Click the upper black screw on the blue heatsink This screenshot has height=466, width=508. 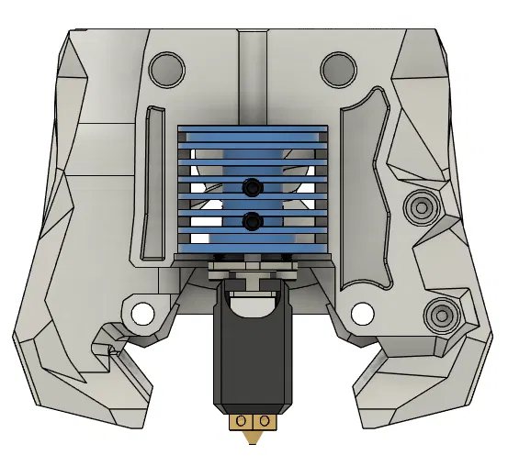click(252, 187)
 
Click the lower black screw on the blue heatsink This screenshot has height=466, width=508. click(252, 221)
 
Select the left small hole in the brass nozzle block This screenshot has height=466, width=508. click(241, 420)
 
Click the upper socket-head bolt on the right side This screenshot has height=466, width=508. click(423, 206)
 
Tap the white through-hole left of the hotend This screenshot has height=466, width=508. click(141, 314)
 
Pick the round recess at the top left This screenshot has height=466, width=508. click(166, 67)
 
